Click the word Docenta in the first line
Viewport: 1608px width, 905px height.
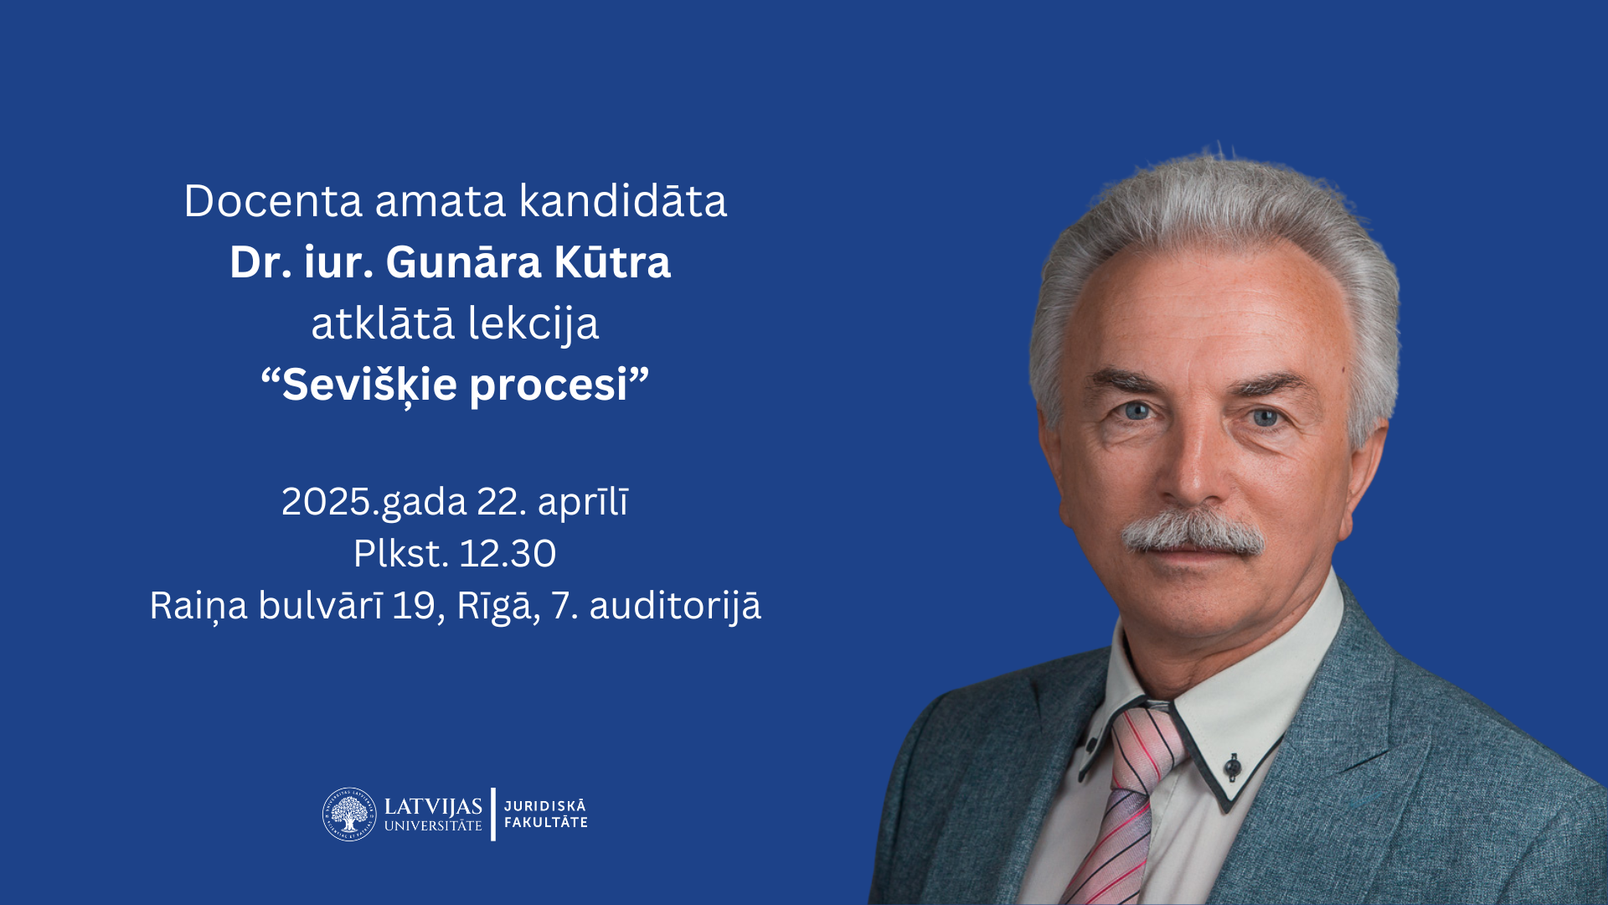(x=274, y=201)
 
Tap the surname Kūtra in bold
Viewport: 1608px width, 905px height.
(x=612, y=262)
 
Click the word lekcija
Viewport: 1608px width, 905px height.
(x=533, y=324)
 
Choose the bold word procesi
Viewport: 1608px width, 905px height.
(x=549, y=386)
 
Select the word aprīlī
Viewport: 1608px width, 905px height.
(x=583, y=502)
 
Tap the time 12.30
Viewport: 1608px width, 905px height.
(x=508, y=554)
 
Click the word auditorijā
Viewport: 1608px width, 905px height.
(x=675, y=606)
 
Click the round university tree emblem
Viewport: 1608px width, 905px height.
(x=349, y=814)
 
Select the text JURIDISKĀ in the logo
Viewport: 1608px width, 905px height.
(x=545, y=805)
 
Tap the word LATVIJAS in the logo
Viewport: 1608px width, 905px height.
(x=433, y=807)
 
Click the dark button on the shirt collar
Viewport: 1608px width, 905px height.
(x=1232, y=766)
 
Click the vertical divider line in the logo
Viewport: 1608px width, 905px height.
(x=493, y=814)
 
